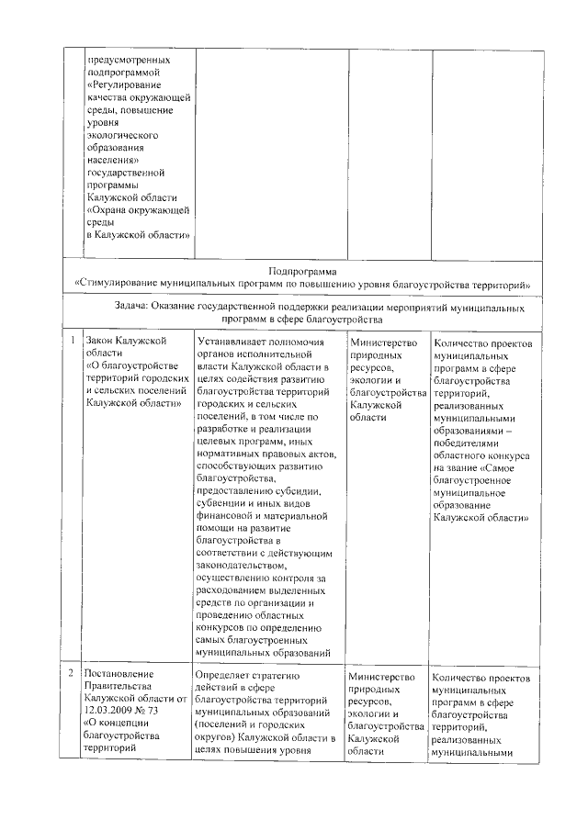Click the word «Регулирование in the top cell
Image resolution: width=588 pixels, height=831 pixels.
(125, 84)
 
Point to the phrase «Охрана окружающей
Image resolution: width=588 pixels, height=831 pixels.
(138, 209)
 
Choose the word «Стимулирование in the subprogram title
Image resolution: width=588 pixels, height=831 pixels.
(121, 284)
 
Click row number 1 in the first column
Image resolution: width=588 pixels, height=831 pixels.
(73, 340)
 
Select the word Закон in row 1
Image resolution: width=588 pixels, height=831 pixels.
(101, 340)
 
